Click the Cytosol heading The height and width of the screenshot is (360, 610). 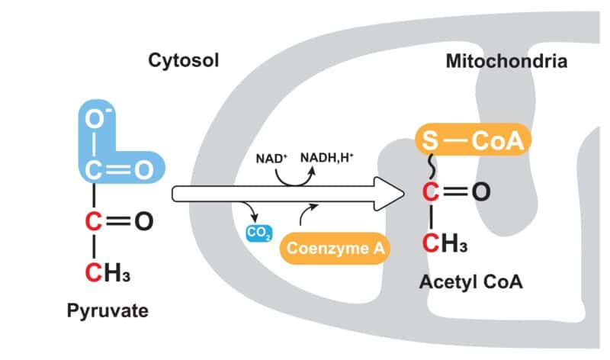184,59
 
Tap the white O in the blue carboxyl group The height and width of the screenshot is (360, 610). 143,170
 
